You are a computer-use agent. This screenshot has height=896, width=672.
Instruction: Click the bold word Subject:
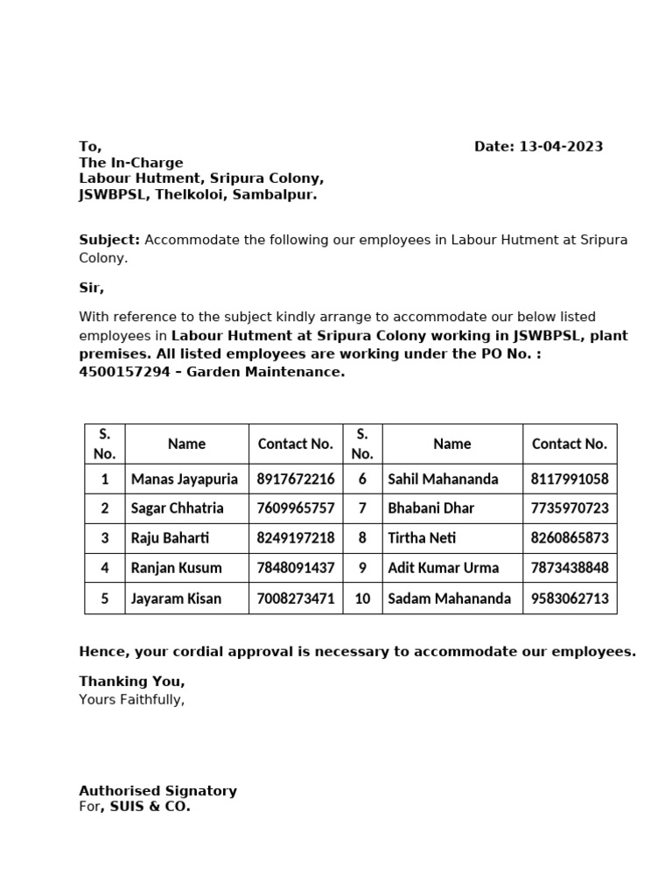pos(109,240)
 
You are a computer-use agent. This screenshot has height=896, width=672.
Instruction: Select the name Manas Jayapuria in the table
pos(184,479)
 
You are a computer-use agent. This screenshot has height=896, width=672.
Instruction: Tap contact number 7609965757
pos(296,508)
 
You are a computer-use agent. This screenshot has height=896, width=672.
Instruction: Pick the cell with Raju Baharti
pos(170,538)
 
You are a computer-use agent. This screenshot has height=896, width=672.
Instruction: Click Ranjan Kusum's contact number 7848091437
pos(296,568)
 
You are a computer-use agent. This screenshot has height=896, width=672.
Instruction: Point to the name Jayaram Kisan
pos(176,598)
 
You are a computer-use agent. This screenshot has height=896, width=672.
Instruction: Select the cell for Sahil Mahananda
pos(443,479)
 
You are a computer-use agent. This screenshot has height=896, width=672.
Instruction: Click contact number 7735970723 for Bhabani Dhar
pos(570,508)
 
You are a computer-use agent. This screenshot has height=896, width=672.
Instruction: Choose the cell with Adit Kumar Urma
pos(442,568)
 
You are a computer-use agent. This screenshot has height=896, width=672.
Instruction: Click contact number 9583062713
pos(570,598)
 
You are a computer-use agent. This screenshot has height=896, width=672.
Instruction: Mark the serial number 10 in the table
pos(362,598)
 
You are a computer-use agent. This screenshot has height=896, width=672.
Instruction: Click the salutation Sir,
pos(91,287)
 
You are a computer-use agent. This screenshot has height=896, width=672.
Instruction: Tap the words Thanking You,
pos(132,681)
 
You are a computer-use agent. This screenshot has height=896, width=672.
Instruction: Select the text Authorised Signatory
pos(157,790)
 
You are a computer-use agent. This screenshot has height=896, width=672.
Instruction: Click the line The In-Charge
pos(131,163)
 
